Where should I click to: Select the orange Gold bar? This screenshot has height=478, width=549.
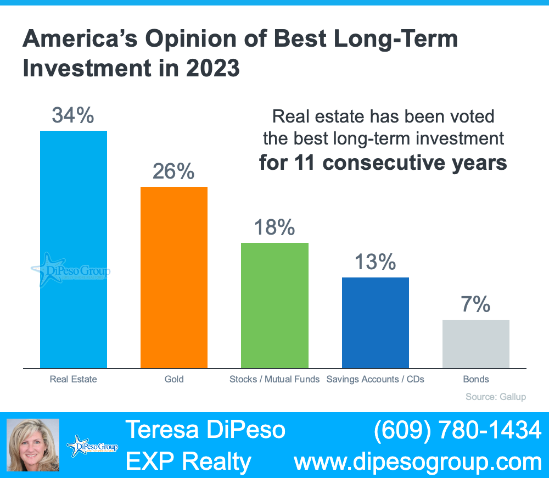click(x=174, y=277)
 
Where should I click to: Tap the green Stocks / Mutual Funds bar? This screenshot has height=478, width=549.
click(x=274, y=305)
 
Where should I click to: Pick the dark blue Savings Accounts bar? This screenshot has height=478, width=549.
click(x=375, y=323)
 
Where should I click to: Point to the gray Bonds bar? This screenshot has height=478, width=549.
click(x=475, y=344)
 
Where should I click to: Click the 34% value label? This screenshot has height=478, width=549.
click(x=74, y=115)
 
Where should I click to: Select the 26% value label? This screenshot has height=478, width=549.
click(x=173, y=171)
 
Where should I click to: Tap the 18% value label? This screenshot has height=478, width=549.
click(x=274, y=227)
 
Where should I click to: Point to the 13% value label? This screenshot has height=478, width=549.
click(x=375, y=262)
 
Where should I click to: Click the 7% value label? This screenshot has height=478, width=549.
click(x=475, y=304)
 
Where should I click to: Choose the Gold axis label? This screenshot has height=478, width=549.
click(x=174, y=379)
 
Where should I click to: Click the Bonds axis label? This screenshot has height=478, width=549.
click(x=475, y=379)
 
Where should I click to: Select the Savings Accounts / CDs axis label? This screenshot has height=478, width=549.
click(x=375, y=379)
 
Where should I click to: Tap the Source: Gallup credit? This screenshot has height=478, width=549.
click(x=495, y=397)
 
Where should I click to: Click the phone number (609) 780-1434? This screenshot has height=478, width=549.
click(x=458, y=430)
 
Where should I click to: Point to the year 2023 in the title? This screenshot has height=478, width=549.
click(x=211, y=69)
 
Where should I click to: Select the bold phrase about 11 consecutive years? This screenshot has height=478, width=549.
click(x=383, y=163)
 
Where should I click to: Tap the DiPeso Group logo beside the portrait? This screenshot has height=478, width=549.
click(x=92, y=446)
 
